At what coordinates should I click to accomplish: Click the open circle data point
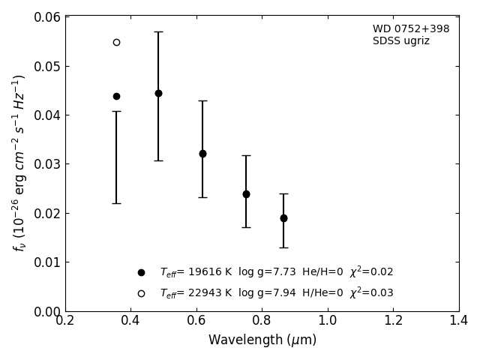point(116,42)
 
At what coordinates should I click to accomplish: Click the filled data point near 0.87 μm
point(283,218)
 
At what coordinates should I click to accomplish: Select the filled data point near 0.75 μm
point(246,194)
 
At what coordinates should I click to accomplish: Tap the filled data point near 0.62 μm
point(202,154)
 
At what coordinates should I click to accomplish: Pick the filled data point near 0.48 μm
point(158,94)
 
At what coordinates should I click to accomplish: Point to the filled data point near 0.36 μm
point(116,96)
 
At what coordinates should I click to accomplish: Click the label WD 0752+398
point(411,29)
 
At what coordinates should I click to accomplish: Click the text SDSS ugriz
point(401,41)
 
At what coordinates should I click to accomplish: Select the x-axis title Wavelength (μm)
point(262,340)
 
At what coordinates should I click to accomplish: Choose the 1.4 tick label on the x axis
point(458,321)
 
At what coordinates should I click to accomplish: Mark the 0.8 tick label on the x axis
point(262,321)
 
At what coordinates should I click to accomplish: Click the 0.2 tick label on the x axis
point(65,321)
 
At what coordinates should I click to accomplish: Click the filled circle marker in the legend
point(141,272)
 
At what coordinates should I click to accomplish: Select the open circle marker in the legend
point(141,293)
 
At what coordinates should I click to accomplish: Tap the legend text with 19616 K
point(276,272)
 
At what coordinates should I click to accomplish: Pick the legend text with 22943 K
point(276,293)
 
